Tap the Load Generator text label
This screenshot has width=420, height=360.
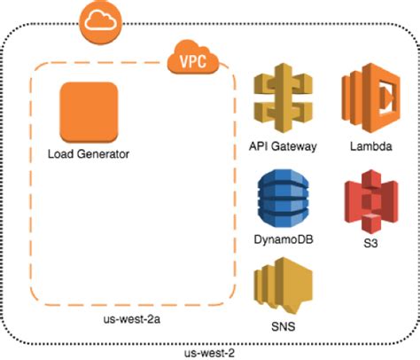pos(89,154)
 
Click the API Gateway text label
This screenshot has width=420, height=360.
pos(282,146)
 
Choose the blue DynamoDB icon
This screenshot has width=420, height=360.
pos(282,199)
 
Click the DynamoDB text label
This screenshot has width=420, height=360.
pos(282,240)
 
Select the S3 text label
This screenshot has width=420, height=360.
pos(368,242)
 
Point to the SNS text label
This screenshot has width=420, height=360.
pos(282,327)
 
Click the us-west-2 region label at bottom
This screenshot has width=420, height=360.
pos(209,352)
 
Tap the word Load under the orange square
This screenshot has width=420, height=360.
pos(60,154)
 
